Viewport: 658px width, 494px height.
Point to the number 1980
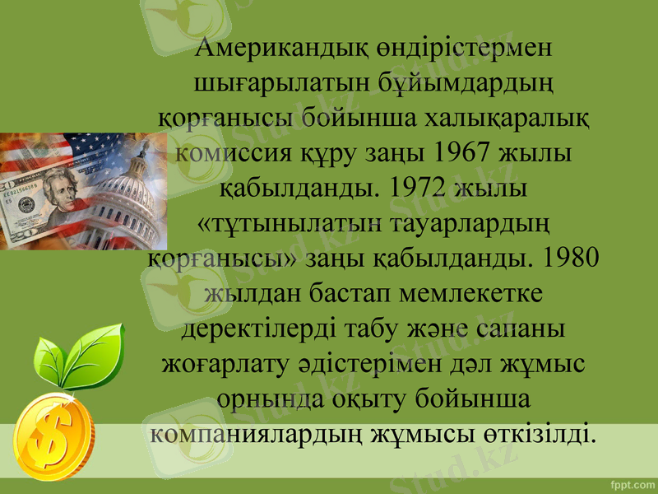pos(567,257)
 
